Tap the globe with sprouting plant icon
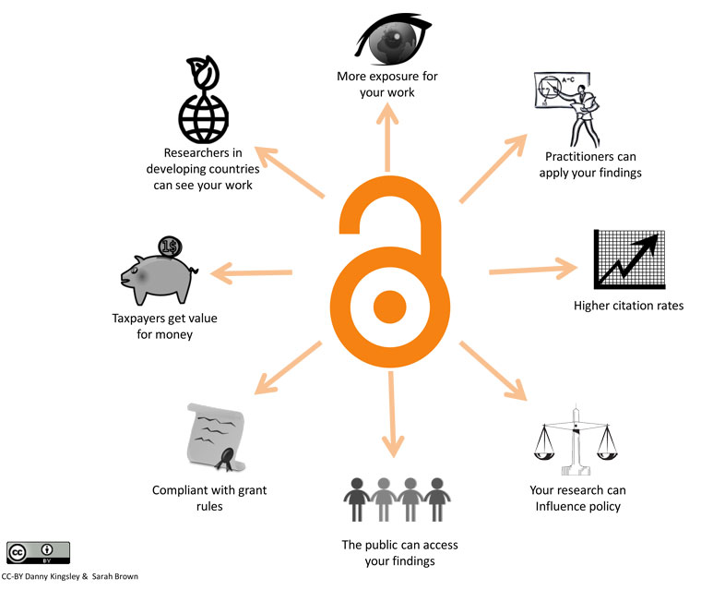[204, 100]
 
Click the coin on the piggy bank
[171, 247]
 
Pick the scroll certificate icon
[217, 438]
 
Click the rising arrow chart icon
[629, 259]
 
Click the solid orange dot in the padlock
[390, 307]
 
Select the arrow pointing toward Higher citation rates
[533, 270]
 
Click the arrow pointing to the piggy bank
[251, 272]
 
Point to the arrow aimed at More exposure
[387, 137]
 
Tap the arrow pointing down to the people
[393, 415]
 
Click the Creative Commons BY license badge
[38, 553]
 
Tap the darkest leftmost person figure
[357, 500]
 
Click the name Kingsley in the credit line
[65, 576]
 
